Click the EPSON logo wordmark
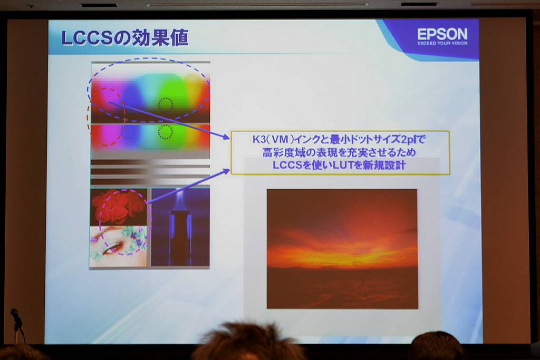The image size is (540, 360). (442, 34)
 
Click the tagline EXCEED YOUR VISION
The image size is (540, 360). (442, 43)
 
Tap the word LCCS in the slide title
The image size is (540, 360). (86, 38)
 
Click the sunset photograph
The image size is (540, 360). (342, 249)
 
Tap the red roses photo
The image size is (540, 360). (118, 207)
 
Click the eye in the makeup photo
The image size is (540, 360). (113, 247)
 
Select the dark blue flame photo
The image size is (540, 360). (180, 227)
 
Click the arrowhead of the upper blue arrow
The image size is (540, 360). (226, 138)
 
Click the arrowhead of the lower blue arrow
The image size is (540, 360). (226, 171)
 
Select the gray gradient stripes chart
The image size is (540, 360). (150, 172)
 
